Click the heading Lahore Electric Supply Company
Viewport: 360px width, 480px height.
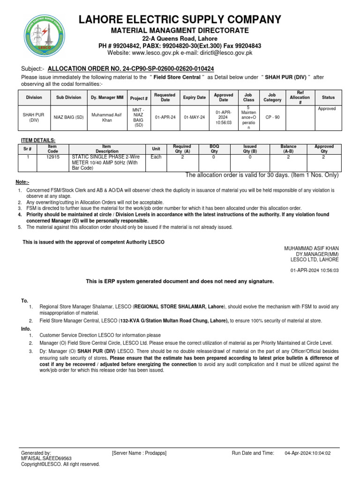(x=180, y=19)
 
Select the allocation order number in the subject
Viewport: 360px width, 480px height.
(x=131, y=68)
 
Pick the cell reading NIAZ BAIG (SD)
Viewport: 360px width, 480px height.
(x=68, y=117)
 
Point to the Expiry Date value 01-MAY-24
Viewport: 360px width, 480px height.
(x=194, y=117)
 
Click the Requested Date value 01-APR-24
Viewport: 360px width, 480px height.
(x=165, y=117)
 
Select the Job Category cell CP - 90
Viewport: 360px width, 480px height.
(x=272, y=117)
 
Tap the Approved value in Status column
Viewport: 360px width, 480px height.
(x=327, y=109)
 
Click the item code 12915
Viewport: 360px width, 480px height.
(x=52, y=157)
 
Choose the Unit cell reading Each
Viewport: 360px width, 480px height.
(x=156, y=157)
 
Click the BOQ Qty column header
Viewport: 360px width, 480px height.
(x=214, y=149)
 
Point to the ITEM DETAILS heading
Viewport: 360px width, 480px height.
(x=38, y=140)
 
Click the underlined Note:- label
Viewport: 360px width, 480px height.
(x=22, y=182)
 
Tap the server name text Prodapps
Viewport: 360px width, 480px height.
(x=153, y=453)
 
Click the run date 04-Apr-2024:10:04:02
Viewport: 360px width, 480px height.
(x=307, y=453)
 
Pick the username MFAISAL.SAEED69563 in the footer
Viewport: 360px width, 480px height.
(x=46, y=458)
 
